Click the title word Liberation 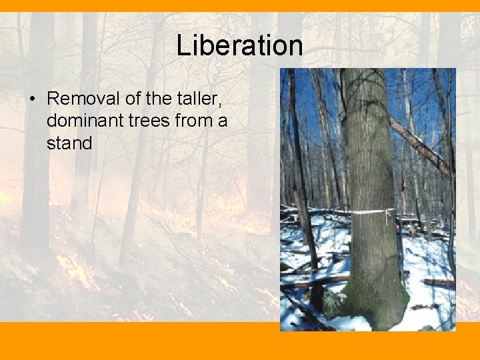(x=239, y=45)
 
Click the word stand (x=69, y=143)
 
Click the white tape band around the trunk (x=363, y=213)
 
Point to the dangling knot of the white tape (x=388, y=216)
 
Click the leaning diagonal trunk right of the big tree (x=420, y=147)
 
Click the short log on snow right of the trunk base (x=437, y=283)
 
